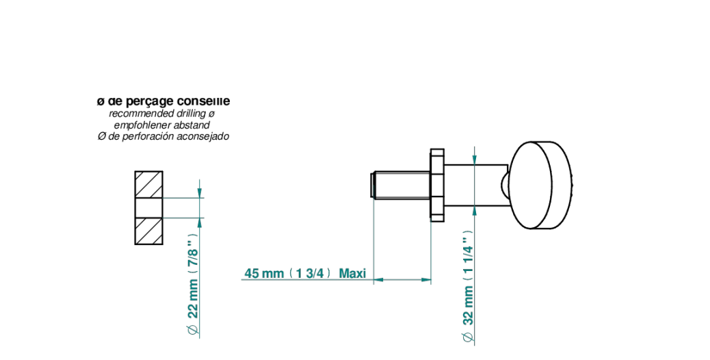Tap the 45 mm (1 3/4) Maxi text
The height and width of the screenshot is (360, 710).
pos(305,273)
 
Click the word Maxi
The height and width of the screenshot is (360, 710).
pos(352,273)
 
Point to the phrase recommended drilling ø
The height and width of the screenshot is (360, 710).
pos(161,114)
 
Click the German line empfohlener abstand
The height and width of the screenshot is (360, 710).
pos(161,125)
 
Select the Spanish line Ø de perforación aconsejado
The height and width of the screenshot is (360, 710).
pos(163,136)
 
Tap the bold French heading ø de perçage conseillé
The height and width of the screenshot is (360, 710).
pos(163,101)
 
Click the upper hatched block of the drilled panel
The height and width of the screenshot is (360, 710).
pos(148,184)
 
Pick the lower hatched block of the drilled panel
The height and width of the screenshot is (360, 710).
pos(148,231)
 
